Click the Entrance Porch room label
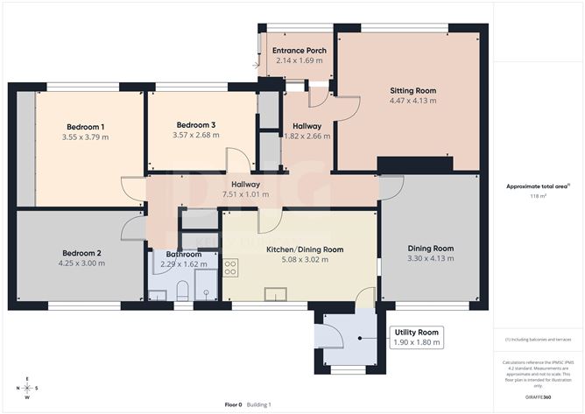point(299,51)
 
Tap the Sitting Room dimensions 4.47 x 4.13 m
point(412,101)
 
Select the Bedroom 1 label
point(84,127)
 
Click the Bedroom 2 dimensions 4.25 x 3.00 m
point(80,263)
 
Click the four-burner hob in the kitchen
point(231,267)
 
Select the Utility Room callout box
point(416,338)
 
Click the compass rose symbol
point(28,387)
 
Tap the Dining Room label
point(430,249)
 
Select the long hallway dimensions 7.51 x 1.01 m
point(245,194)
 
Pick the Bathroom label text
point(178,253)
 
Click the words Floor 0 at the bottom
point(233,404)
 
